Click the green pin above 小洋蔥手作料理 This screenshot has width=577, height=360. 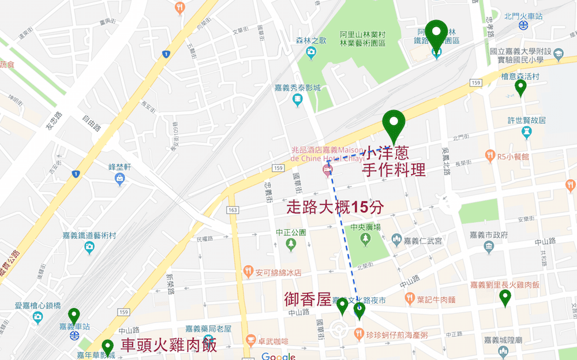tap(395, 123)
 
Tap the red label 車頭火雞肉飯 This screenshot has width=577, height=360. tap(169, 346)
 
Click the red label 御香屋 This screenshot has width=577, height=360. tap(308, 299)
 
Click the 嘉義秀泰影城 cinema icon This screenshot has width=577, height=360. tap(297, 100)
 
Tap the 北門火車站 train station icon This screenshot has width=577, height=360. tap(523, 25)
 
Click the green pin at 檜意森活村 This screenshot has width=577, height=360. tap(520, 87)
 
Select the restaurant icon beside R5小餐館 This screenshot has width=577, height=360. tap(490, 155)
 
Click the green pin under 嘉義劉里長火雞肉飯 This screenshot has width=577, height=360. tap(505, 297)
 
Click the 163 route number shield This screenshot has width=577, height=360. tap(233, 209)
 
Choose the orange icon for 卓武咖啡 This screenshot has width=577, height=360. tap(250, 340)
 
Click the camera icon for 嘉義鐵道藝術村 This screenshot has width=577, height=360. tap(89, 247)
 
